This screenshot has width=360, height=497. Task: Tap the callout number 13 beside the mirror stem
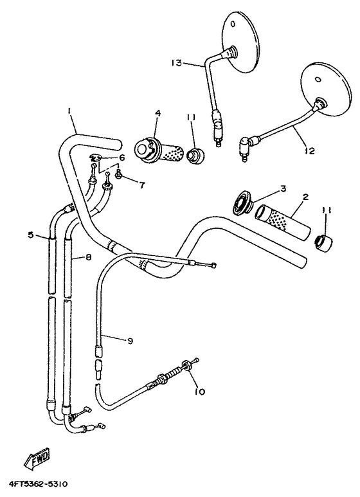[x=177, y=62]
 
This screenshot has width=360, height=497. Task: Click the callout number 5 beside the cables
[x=30, y=235]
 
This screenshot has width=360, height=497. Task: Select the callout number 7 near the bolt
[x=141, y=185]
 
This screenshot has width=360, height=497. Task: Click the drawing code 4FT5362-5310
[x=39, y=483]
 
